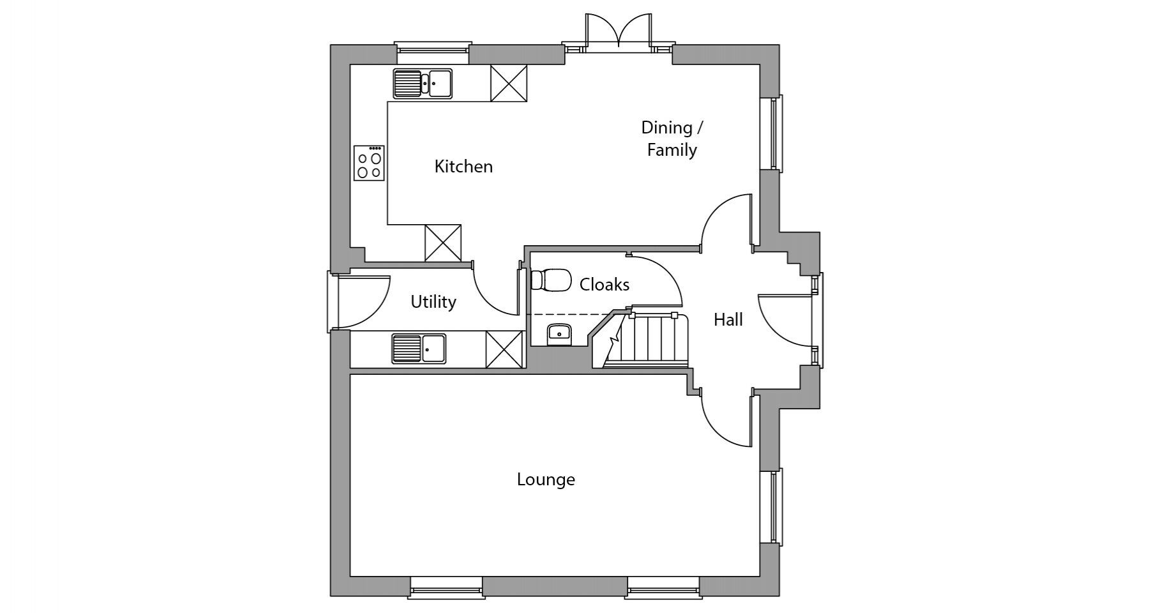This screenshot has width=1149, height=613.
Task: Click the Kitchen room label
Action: click(463, 167)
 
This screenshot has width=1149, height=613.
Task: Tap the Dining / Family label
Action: click(672, 139)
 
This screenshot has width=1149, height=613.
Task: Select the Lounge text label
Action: click(546, 480)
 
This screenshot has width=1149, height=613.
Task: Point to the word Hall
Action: click(728, 319)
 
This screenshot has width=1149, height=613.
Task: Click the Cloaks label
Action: click(605, 284)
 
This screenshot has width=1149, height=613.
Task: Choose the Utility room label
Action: click(433, 302)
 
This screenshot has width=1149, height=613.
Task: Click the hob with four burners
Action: click(369, 163)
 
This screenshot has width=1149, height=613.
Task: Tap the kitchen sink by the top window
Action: click(423, 84)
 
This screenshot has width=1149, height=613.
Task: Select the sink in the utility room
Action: click(419, 349)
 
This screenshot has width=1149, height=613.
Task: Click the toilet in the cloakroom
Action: click(551, 280)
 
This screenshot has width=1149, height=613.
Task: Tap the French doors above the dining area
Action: click(619, 31)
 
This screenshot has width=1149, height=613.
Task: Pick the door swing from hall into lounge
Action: click(726, 418)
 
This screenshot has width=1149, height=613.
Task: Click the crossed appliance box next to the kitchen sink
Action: click(509, 83)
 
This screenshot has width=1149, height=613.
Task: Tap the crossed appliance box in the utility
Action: click(504, 350)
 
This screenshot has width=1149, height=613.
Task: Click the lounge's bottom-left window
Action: click(446, 587)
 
